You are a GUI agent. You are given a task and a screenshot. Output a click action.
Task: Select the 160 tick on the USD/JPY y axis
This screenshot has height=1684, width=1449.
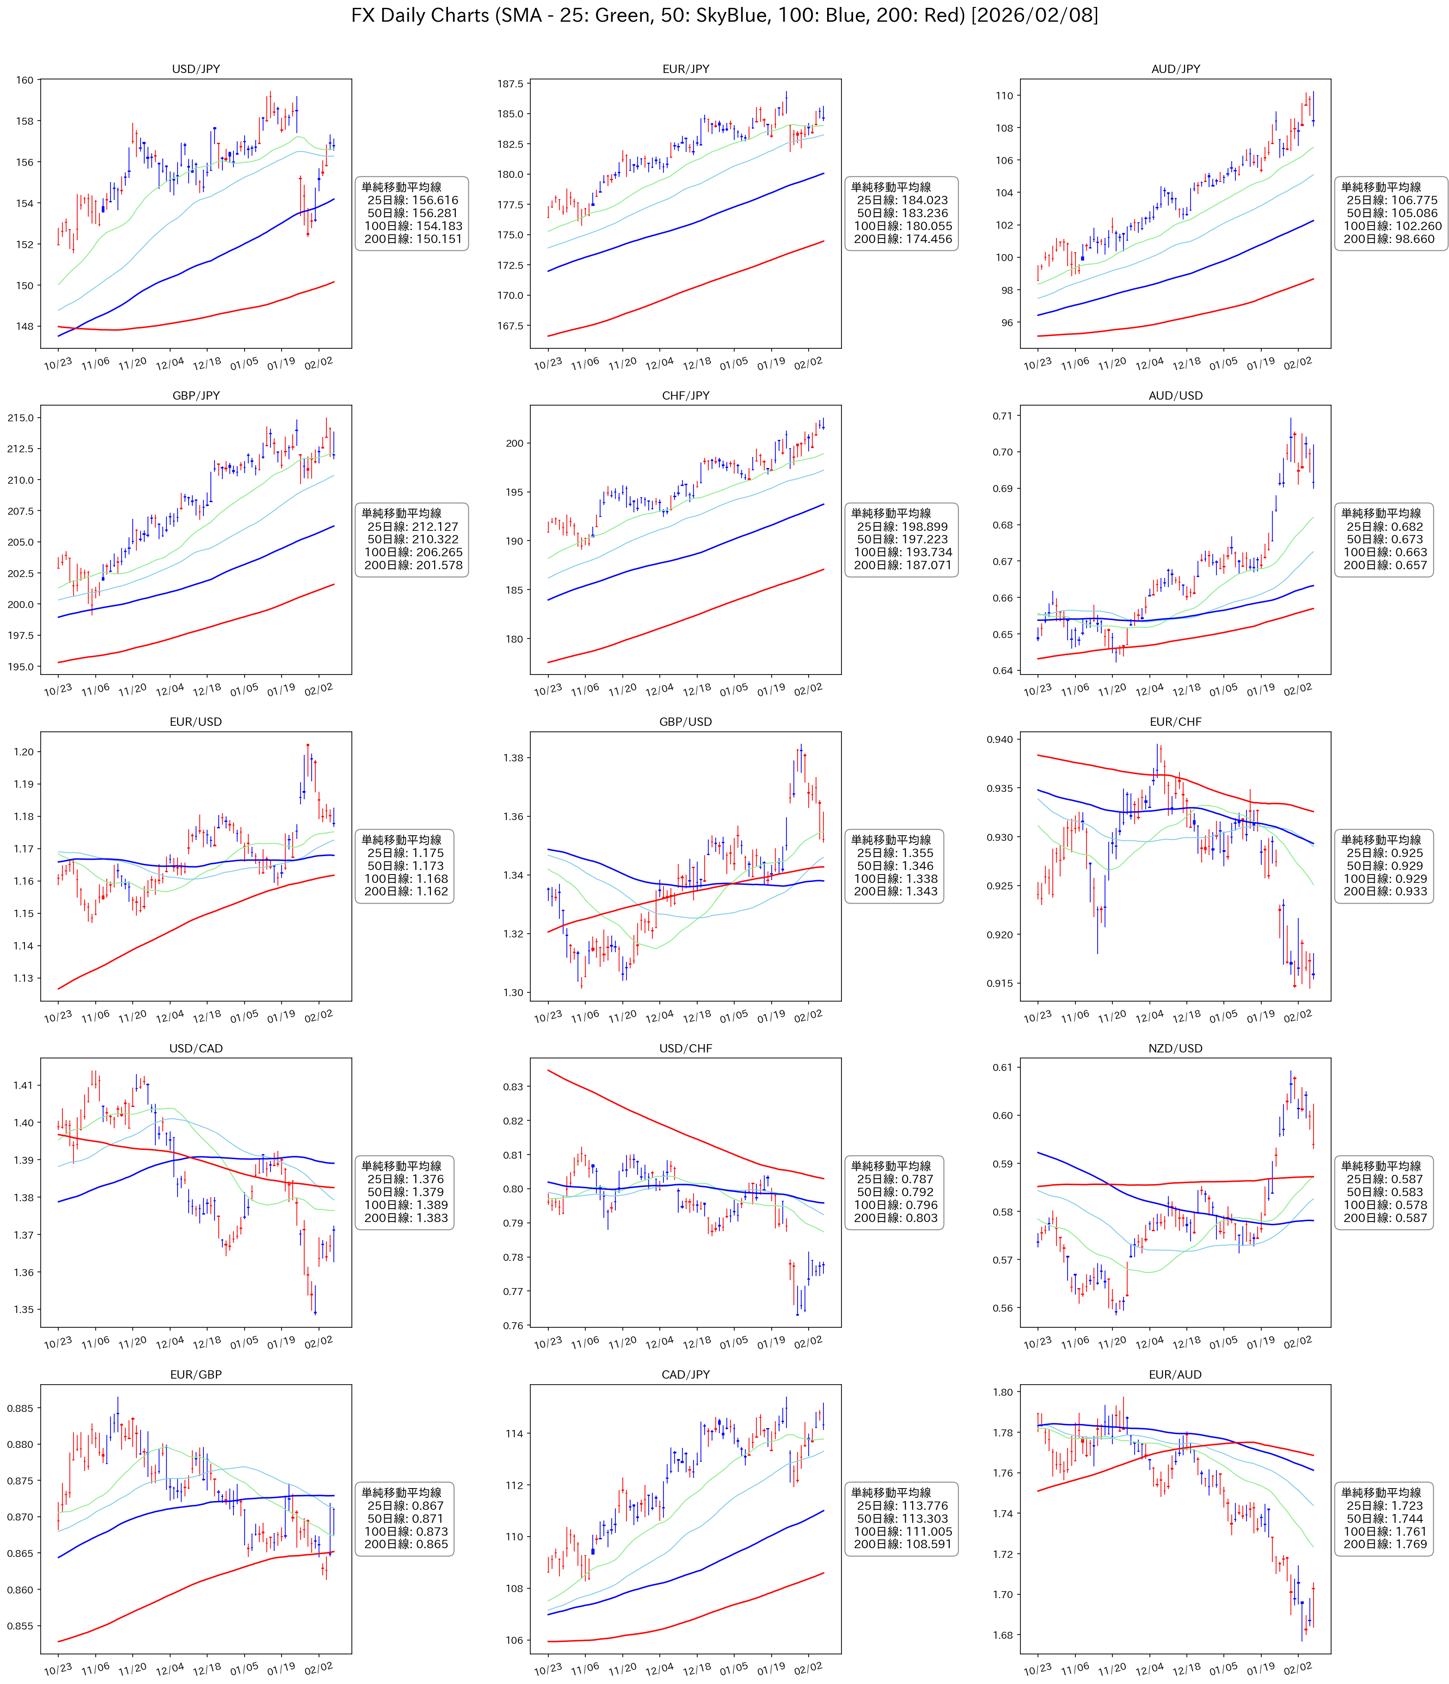click(25, 80)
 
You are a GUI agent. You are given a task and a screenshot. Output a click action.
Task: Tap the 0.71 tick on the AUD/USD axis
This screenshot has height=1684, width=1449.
click(1002, 416)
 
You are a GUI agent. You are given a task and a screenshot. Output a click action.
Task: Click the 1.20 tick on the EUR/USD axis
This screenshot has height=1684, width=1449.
click(24, 752)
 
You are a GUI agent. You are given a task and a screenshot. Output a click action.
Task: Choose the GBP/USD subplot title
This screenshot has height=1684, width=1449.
click(686, 722)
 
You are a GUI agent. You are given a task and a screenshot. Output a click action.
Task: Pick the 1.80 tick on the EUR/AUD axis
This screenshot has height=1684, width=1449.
click(1002, 1392)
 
